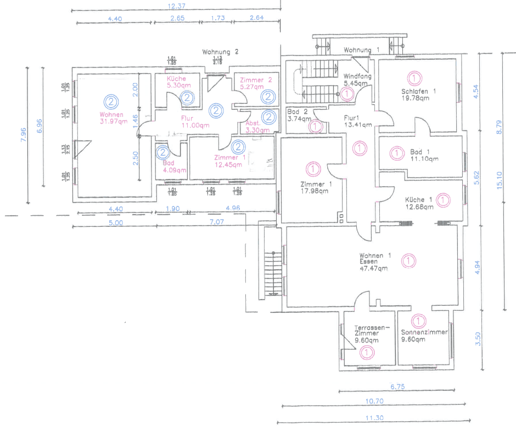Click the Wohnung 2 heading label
[x=220, y=52]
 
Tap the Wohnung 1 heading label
[x=362, y=51]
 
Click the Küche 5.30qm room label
[x=176, y=82]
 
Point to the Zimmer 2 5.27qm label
[x=256, y=83]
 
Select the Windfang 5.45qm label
[x=358, y=80]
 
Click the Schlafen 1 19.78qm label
[x=419, y=94]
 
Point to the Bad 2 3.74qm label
[x=299, y=115]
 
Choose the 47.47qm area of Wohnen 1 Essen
[x=374, y=269]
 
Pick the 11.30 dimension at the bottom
[x=374, y=417]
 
